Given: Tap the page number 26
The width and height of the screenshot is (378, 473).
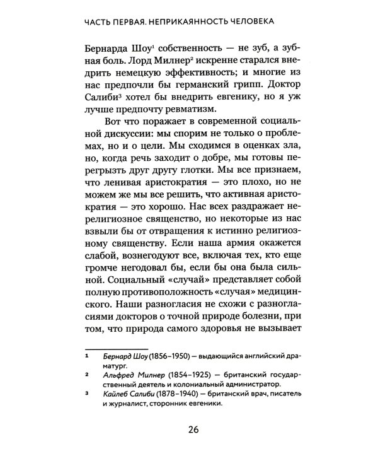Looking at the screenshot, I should pyautogui.click(x=193, y=431).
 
